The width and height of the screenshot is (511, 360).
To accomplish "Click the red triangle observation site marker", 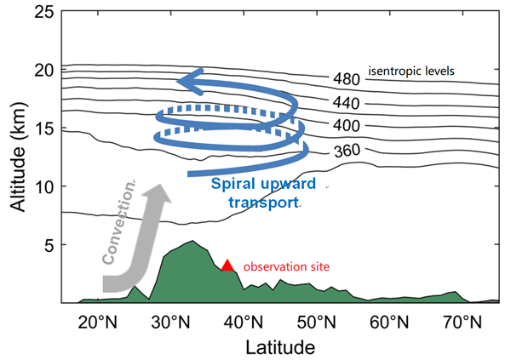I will point(227,266).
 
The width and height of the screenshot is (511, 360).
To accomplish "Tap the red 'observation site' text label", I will point(286,267).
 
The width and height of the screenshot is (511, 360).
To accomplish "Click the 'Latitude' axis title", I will point(279,346).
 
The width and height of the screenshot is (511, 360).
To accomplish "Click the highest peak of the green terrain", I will point(193,241).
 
